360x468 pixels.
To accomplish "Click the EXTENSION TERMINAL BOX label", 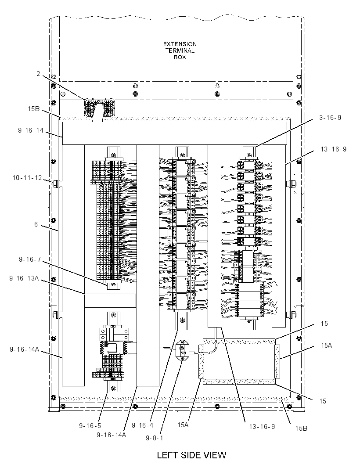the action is click(180, 50).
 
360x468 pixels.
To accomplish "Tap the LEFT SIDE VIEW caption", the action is click(191, 455).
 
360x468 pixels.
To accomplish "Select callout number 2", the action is click(38, 73).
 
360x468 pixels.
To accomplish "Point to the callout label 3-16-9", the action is click(330, 118).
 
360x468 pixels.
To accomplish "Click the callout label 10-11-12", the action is click(27, 178).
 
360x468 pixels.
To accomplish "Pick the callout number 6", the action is click(36, 224).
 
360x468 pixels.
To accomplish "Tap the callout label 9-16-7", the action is click(29, 259).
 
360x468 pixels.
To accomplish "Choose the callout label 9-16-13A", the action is click(24, 278).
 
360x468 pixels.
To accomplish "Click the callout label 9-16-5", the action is click(90, 425).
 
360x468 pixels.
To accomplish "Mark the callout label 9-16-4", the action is click(143, 425).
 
